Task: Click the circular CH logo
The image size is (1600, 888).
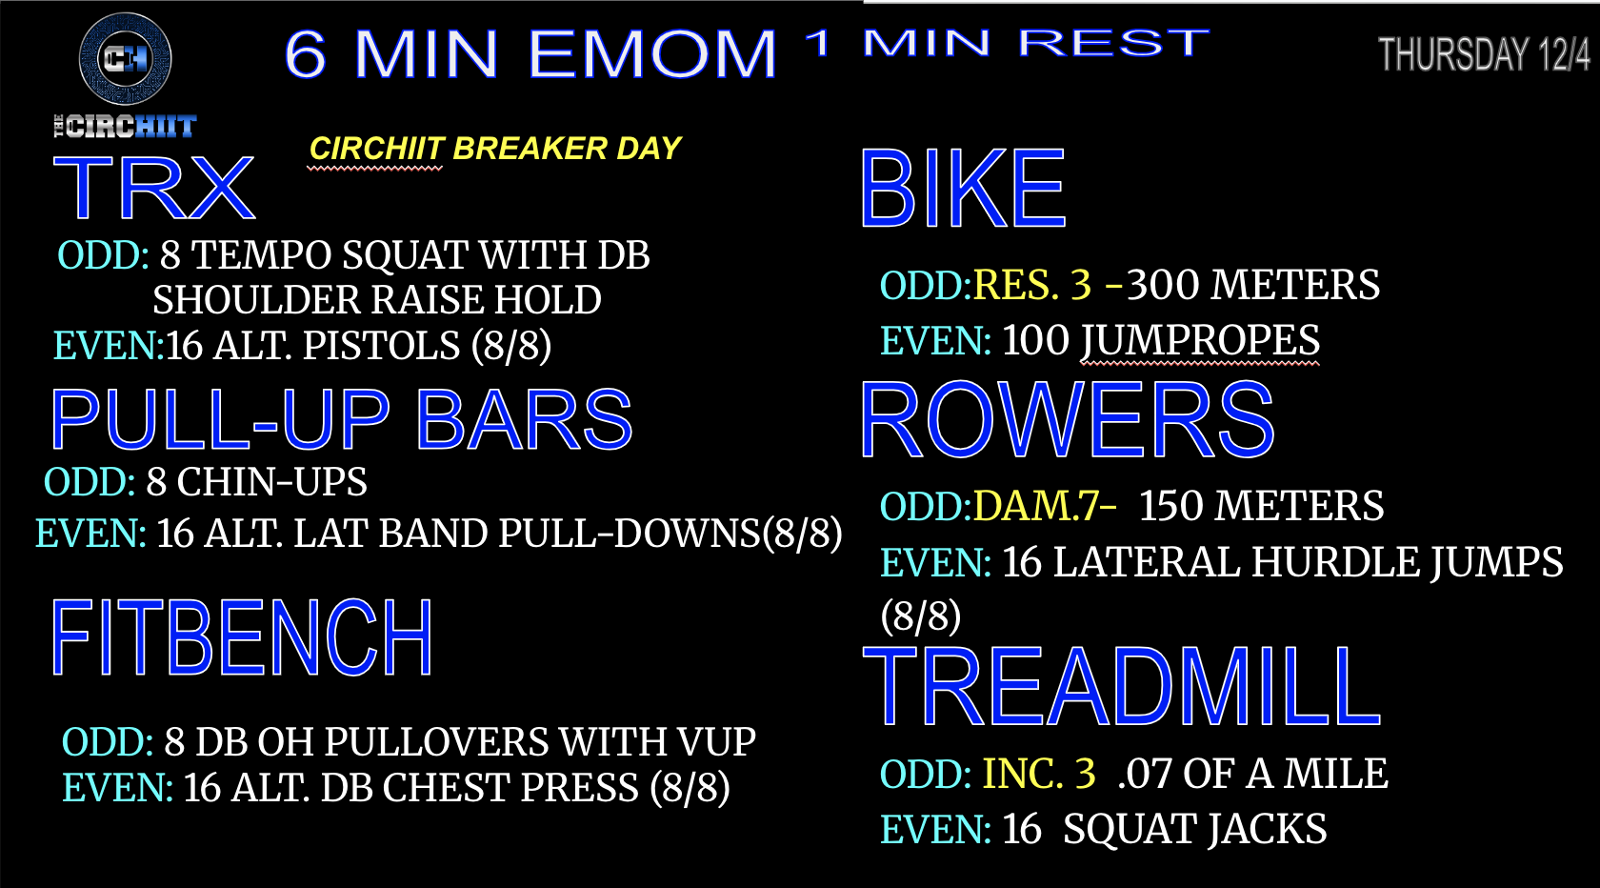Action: click(x=125, y=58)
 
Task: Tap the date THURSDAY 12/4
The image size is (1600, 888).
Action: click(x=1484, y=55)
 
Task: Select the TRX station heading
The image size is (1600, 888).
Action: click(x=153, y=188)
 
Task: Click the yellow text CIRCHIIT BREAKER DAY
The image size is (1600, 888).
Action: click(x=495, y=149)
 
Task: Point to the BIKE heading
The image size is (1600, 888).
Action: click(x=963, y=189)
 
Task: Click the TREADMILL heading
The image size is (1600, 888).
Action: click(x=1122, y=686)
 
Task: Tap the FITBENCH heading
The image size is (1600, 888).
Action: click(x=242, y=638)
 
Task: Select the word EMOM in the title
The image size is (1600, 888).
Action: click(x=652, y=54)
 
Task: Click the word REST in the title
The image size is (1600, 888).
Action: click(x=1113, y=43)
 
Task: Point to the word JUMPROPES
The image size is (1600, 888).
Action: click(x=1199, y=341)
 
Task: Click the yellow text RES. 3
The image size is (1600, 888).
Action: click(x=1032, y=284)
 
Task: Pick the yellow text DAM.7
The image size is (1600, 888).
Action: click(x=1035, y=506)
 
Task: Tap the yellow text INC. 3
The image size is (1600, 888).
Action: click(x=1038, y=774)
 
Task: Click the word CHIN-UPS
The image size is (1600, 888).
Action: click(x=272, y=481)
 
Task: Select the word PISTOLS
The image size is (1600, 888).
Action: click(x=381, y=346)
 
